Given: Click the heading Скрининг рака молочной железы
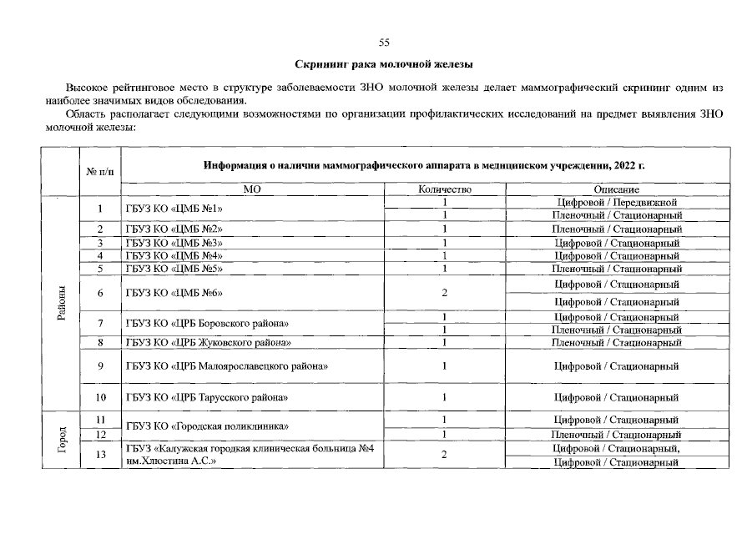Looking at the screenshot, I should pos(384,64).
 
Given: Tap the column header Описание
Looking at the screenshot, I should pos(616,189).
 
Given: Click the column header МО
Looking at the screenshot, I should pos(252,189).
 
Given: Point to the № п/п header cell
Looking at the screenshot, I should pos(99,171).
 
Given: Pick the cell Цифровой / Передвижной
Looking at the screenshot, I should pos(616,202).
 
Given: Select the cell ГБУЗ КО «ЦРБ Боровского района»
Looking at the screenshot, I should pos(213,323).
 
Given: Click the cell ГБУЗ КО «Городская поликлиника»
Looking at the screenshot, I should pos(207,426).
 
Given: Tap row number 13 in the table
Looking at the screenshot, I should pos(99,455).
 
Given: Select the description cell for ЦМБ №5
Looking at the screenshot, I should pos(616,269).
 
